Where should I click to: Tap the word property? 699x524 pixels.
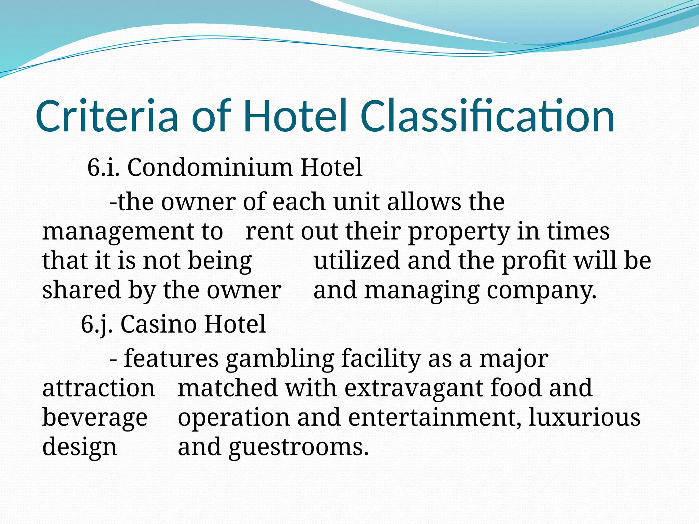(459, 232)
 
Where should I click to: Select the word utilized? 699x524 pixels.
(357, 261)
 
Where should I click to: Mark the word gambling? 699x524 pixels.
(280, 359)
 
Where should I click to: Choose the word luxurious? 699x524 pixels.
(584, 418)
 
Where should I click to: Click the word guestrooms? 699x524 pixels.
(299, 447)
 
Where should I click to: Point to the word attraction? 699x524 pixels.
(99, 388)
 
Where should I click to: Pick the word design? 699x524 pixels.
(80, 447)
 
